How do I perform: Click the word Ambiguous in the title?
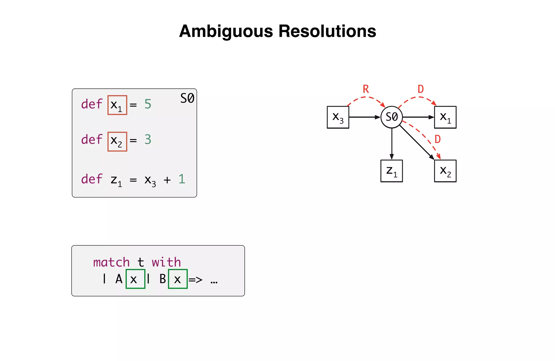[x=226, y=31]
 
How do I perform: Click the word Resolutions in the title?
[x=327, y=31]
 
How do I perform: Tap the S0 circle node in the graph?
[x=392, y=117]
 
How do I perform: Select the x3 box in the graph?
[x=338, y=117]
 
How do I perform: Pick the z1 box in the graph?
[x=392, y=171]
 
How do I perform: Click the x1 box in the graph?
[x=445, y=117]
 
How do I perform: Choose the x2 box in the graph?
[x=445, y=171]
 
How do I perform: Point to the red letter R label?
[x=366, y=89]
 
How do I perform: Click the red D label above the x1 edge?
[x=421, y=89]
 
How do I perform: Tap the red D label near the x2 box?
[x=438, y=139]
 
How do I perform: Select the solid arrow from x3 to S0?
[x=364, y=117]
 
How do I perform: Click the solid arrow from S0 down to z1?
[x=392, y=144]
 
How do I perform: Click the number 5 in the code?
[x=148, y=104]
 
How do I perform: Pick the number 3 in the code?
[x=148, y=140]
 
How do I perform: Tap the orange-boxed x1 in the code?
[x=117, y=105]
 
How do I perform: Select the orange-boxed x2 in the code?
[x=117, y=141]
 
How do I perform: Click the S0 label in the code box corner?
[x=187, y=98]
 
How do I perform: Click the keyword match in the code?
[x=111, y=262]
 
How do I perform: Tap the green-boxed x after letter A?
[x=135, y=279]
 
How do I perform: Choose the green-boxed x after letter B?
[x=178, y=279]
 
